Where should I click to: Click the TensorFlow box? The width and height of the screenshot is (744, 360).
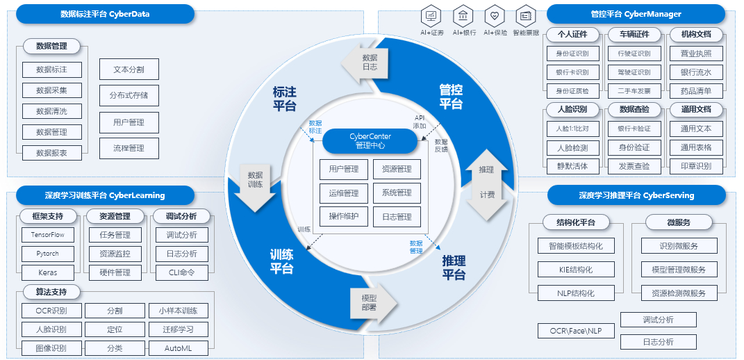48,235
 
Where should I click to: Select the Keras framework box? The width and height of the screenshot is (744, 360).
48,272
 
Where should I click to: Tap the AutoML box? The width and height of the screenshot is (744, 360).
178,347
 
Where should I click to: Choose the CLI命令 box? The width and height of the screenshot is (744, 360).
181,272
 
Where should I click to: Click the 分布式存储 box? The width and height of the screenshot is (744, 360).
129,95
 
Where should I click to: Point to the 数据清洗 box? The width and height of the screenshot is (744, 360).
51,111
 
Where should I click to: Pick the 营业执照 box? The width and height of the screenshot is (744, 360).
696,54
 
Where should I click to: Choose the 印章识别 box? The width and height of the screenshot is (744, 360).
696,166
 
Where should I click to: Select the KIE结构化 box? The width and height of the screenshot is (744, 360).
576,270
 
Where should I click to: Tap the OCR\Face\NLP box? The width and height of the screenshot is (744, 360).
576,331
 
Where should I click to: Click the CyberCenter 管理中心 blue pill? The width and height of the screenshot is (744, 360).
370,141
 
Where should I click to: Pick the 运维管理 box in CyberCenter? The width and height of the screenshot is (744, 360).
344,193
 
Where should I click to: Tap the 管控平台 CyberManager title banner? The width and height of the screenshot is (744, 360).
636,14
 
